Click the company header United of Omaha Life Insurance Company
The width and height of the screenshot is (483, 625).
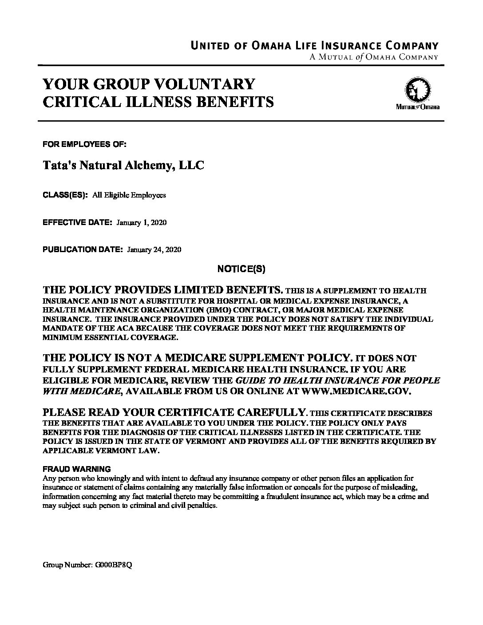coord(314,45)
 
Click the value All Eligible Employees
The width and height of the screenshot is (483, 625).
coord(129,195)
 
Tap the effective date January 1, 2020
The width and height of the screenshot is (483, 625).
coord(142,222)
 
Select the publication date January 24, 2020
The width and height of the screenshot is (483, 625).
coord(154,249)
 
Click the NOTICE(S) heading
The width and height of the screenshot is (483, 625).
coord(241,269)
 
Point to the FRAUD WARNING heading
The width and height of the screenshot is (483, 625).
coord(76,469)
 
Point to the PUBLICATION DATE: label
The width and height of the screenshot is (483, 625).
coord(83,249)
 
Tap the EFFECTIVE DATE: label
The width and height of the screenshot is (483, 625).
coord(77,222)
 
